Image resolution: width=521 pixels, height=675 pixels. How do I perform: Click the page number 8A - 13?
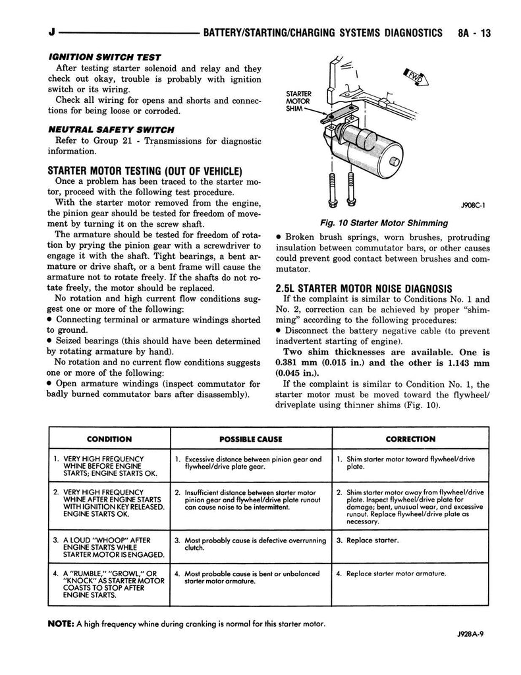pos(474,33)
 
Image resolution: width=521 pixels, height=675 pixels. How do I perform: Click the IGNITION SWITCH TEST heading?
pos(105,57)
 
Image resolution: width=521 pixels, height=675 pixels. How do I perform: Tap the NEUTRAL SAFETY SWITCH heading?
pos(111,130)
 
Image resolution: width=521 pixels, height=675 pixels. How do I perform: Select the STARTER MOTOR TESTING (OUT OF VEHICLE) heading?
pos(145,171)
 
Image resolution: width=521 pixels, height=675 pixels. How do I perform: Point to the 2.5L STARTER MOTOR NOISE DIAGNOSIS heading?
pos(364,289)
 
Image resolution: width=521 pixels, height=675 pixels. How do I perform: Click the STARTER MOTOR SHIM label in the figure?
pos(298,101)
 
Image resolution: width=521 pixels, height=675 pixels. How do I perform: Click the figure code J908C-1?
pos(473,206)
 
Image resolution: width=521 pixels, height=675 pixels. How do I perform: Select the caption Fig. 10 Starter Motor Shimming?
pos(384,223)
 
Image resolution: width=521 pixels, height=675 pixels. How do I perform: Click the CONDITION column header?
pos(109,439)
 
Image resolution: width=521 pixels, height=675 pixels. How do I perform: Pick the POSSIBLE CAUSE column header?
pos(251,439)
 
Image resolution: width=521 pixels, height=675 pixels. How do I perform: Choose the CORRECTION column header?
pos(410,439)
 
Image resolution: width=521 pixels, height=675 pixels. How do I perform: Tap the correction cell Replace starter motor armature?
pos(391,573)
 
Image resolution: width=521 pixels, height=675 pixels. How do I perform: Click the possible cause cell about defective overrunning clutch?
pos(250,544)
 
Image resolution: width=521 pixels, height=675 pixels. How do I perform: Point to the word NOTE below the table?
pos(61,624)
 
